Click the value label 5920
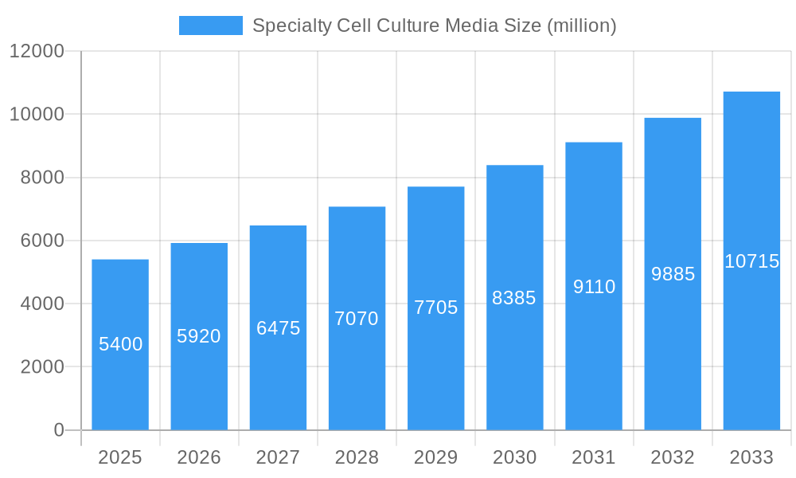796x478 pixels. [199, 336]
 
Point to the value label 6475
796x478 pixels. [278, 328]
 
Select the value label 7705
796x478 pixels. [436, 308]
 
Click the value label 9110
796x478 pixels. [594, 287]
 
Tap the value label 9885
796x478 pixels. [673, 274]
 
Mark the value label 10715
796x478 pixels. [751, 261]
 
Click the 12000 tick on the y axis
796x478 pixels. [37, 51]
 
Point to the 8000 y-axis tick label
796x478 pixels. [42, 178]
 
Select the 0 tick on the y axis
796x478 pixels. [59, 430]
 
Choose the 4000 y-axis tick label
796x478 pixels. [42, 304]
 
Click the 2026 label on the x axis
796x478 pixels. [199, 457]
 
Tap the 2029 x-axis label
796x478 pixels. [436, 457]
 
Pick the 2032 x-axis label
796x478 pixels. [673, 457]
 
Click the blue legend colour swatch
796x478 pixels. [210, 25]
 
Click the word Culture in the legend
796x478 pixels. [409, 25]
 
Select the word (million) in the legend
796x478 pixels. [581, 25]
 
